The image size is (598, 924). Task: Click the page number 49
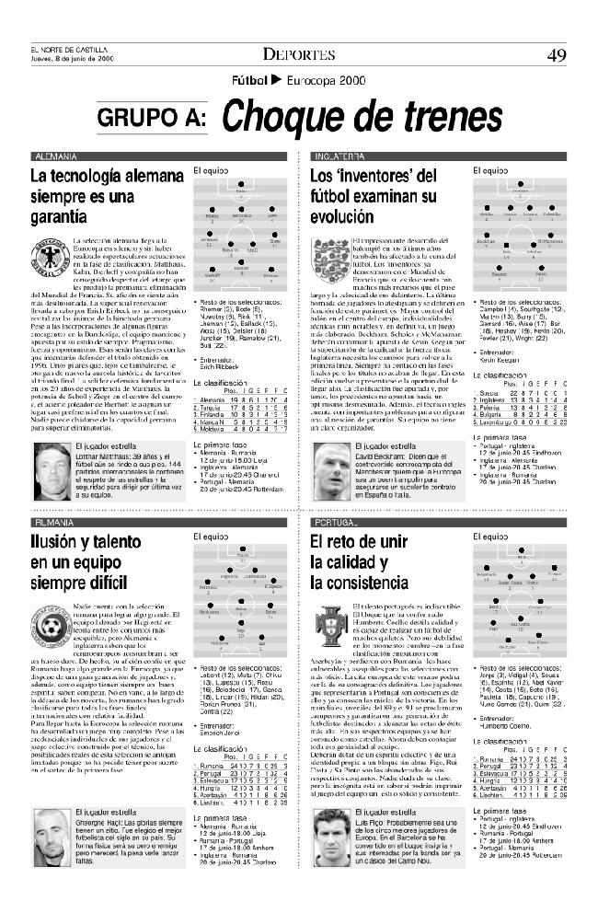555,54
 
